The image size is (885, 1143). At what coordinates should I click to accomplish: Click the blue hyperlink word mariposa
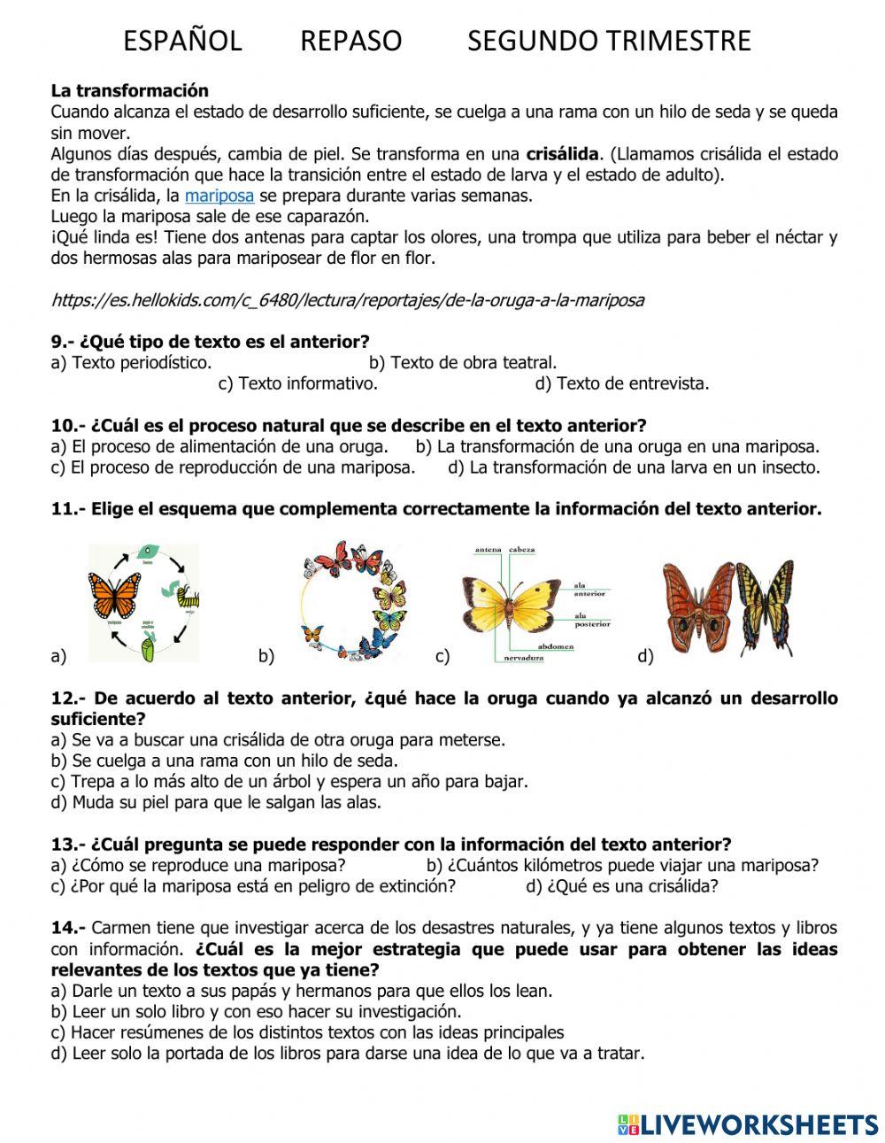(219, 196)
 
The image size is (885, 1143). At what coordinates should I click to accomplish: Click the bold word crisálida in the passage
(562, 154)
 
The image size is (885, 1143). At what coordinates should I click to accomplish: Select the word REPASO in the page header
(350, 41)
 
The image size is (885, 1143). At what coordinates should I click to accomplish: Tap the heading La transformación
(130, 90)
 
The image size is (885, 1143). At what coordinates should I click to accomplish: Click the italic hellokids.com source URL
(348, 300)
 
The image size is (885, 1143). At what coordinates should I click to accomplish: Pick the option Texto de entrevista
(622, 383)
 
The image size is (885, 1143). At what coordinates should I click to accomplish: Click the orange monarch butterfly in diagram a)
(114, 595)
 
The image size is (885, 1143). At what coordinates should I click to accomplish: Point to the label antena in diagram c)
(489, 550)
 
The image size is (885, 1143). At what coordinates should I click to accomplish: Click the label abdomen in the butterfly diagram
(555, 646)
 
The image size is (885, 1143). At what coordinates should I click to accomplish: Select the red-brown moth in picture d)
(699, 606)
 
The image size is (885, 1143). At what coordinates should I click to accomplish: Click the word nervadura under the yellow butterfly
(523, 659)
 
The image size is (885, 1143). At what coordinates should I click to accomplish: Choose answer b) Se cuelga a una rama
(225, 761)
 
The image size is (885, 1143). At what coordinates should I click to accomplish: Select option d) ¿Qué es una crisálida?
(622, 886)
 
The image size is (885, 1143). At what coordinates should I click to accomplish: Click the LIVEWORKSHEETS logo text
(758, 1124)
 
